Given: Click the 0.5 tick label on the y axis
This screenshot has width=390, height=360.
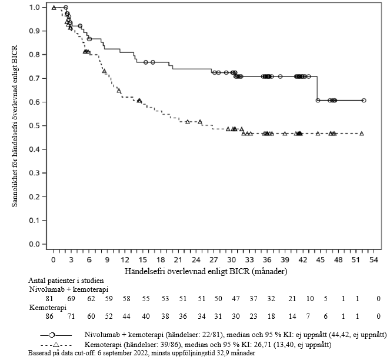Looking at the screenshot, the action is (35, 126).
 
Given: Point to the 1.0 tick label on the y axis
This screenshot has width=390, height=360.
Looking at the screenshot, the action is (35, 7).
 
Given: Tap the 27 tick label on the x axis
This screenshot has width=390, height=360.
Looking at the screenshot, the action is (214, 260).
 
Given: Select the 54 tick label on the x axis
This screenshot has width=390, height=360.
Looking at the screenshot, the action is (374, 260).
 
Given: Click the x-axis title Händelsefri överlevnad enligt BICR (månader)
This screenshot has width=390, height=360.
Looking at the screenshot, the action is (206, 271).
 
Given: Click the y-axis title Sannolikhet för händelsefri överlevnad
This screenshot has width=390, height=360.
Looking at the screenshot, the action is (15, 126).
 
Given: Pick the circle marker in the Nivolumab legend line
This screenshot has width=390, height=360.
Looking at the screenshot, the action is (52, 335).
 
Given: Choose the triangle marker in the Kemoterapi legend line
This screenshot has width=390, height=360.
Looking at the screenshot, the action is (56, 345).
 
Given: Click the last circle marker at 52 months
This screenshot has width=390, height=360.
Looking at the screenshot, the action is (364, 100).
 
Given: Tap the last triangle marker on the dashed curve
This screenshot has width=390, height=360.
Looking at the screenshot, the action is (362, 134).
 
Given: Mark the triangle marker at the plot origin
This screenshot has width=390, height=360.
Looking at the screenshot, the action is (54, 8).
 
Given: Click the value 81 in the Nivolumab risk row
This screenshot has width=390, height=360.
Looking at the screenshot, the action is (49, 299).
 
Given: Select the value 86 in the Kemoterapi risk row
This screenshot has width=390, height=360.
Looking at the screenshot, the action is (49, 316).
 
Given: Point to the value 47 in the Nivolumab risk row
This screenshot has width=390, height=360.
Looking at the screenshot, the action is (236, 299).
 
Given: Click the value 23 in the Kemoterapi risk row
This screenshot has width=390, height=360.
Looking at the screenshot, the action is (254, 316).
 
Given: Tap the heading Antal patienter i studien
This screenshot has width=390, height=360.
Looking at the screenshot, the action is (66, 281).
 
